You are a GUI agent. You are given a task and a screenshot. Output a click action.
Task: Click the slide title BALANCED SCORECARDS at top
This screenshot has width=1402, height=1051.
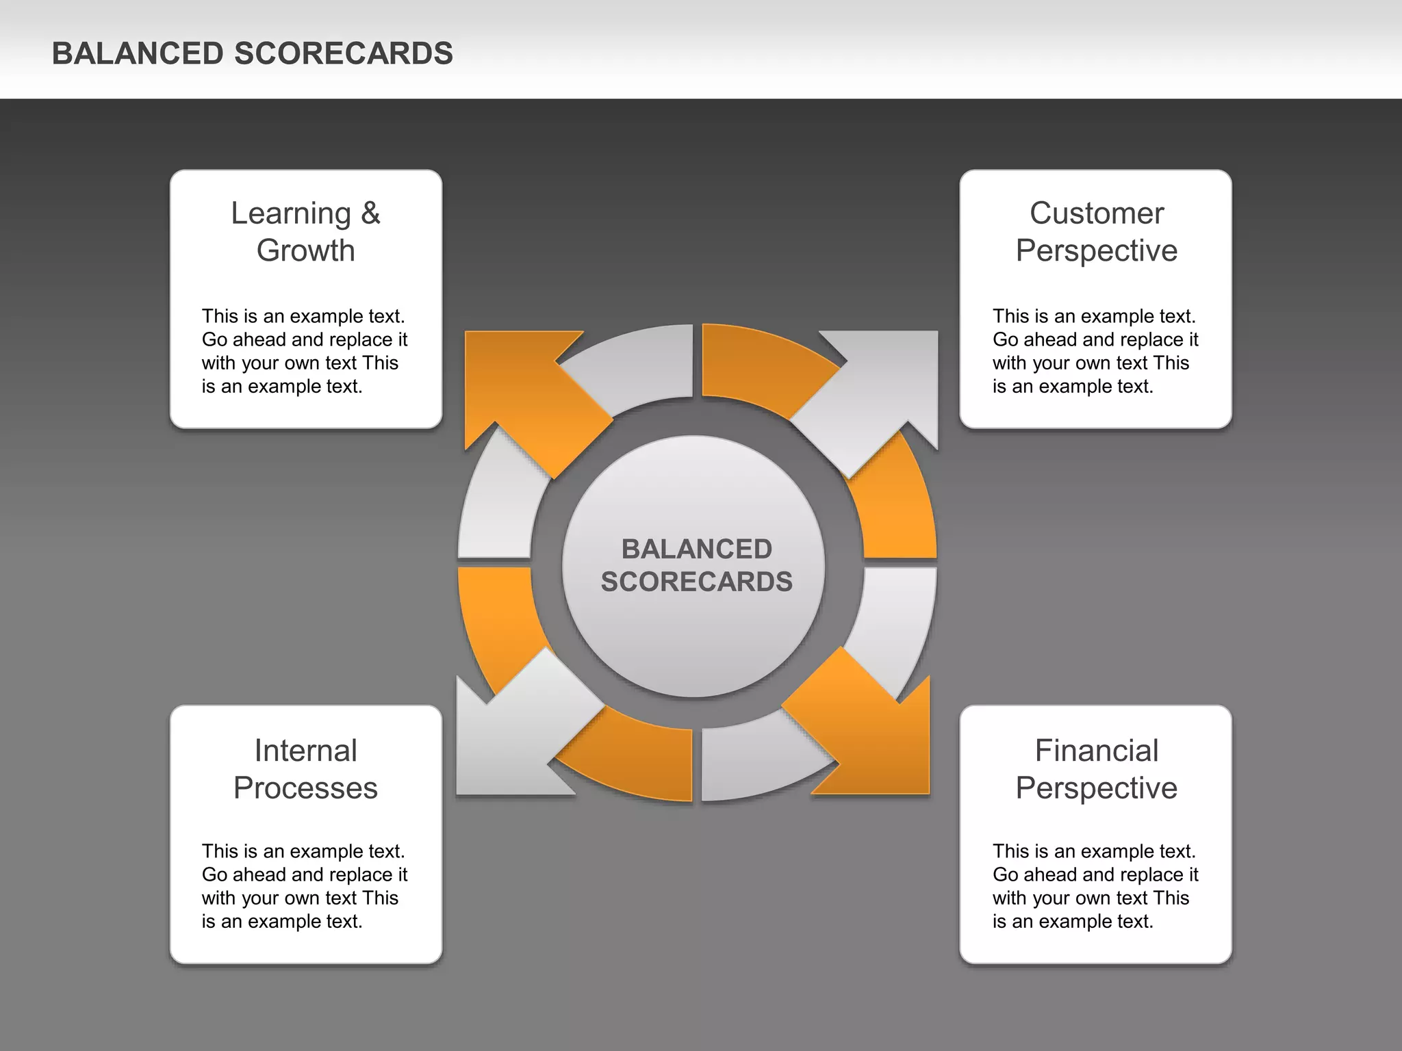(252, 53)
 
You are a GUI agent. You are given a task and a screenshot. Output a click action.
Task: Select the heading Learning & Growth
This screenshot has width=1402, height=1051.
(305, 231)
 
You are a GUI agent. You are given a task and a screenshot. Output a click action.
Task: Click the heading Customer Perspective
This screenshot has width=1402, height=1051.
(1096, 231)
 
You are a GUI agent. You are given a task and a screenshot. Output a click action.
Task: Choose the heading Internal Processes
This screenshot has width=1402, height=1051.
(305, 769)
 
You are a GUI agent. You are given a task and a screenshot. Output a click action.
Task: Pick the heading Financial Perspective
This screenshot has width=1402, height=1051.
(1096, 769)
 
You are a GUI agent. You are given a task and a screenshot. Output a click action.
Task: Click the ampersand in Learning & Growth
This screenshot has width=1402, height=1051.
(370, 213)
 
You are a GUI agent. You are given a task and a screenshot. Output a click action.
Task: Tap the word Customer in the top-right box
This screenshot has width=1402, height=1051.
(1096, 213)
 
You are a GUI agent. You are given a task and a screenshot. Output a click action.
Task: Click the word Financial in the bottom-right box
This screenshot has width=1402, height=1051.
(1096, 751)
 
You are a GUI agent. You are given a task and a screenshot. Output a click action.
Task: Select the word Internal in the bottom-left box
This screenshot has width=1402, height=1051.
(305, 751)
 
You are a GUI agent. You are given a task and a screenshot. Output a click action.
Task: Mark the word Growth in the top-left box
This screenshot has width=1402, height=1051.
(305, 250)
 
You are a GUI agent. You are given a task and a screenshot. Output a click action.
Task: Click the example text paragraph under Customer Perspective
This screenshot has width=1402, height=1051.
(1095, 351)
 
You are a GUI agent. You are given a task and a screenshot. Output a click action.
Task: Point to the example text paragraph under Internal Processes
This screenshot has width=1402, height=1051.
(304, 886)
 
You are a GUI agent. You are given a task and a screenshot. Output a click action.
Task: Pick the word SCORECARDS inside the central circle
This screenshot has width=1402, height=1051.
(696, 582)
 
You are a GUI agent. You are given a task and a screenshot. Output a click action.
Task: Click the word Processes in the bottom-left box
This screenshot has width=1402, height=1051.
(305, 788)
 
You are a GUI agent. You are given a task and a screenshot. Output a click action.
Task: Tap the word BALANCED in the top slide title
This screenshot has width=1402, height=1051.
(138, 53)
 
